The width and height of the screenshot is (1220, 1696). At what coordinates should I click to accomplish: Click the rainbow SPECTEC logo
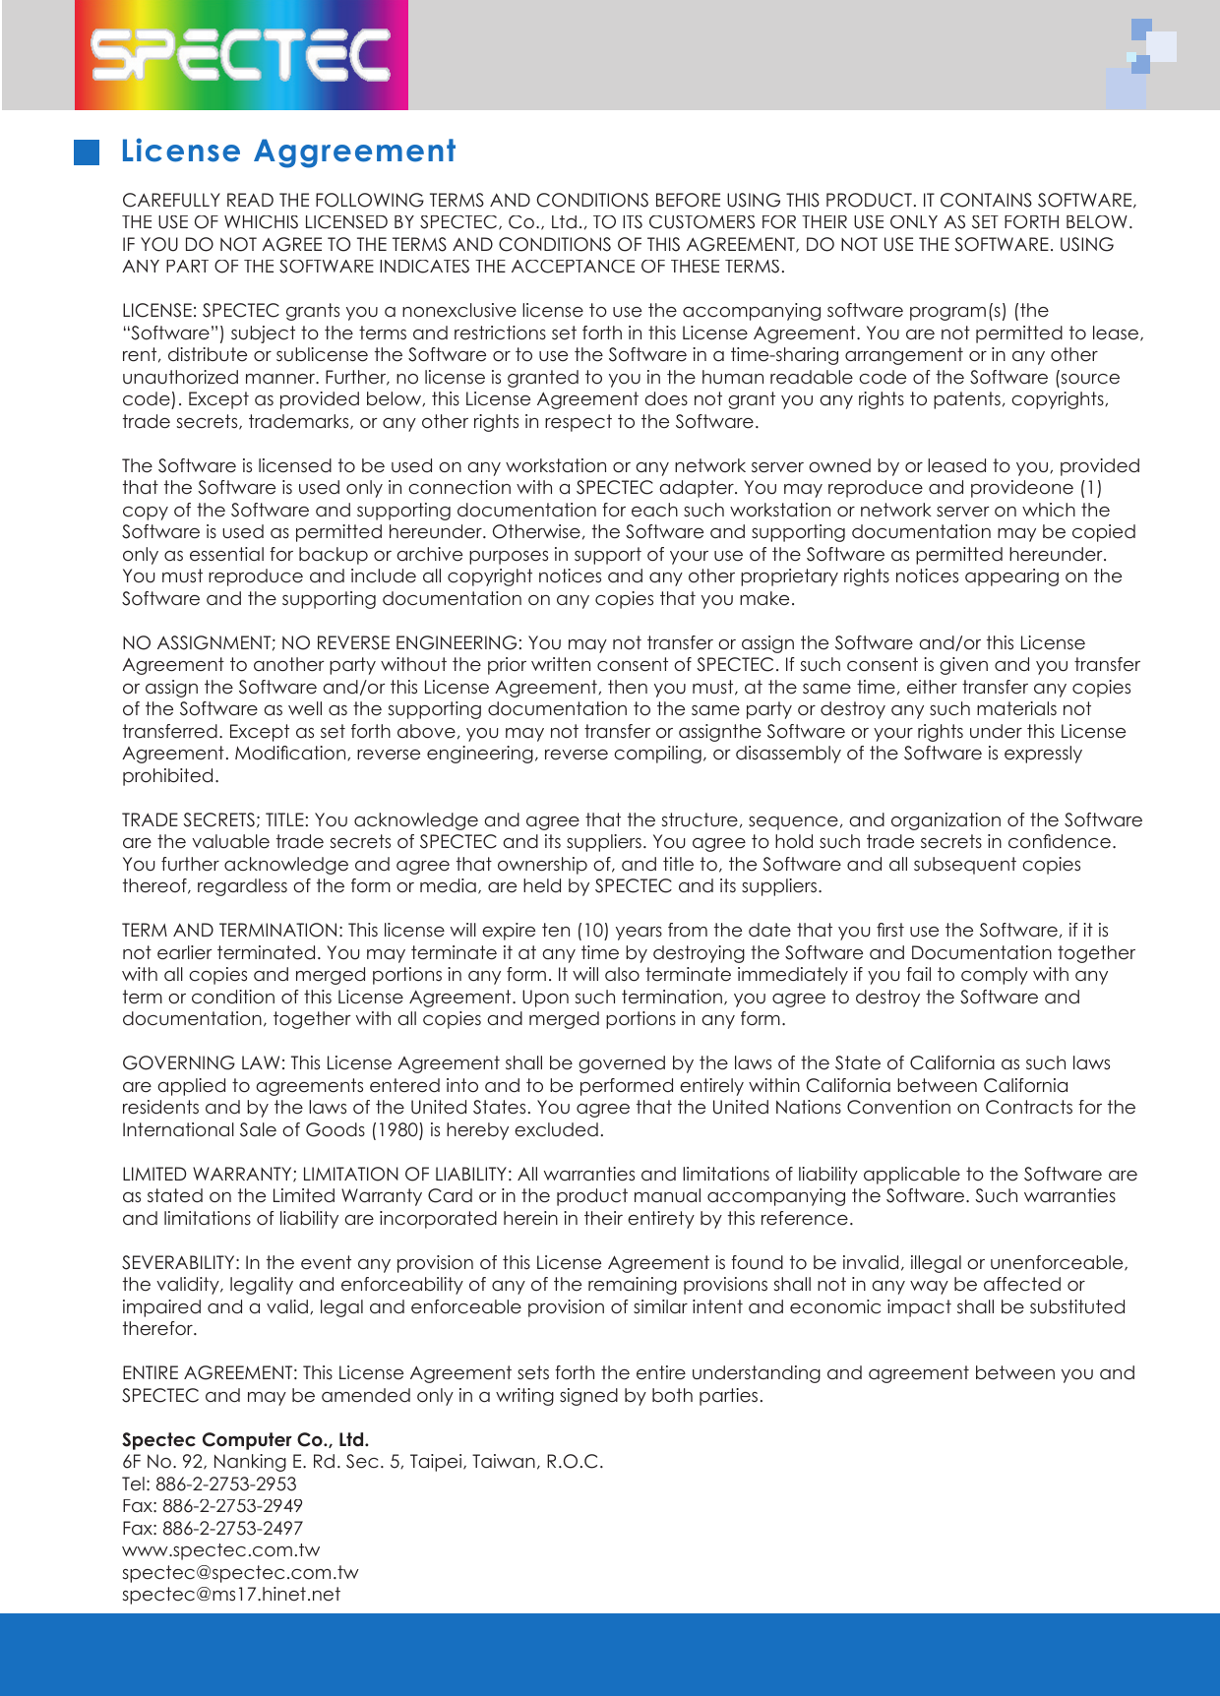(x=241, y=54)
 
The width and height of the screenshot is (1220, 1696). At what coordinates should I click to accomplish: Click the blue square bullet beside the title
(x=88, y=151)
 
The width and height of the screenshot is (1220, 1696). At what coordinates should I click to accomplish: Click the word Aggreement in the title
(x=355, y=151)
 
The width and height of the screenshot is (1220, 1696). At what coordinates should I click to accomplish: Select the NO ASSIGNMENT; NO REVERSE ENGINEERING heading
(x=321, y=643)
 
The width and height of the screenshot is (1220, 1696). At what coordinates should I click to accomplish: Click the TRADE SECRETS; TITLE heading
(x=215, y=820)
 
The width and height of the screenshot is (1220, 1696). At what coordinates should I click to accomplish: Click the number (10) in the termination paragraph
(x=592, y=931)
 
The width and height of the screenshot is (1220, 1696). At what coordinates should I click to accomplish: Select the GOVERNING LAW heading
(x=203, y=1063)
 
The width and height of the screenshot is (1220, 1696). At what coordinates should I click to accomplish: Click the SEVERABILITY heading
(x=180, y=1263)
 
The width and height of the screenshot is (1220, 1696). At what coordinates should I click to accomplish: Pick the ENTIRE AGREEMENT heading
(x=209, y=1373)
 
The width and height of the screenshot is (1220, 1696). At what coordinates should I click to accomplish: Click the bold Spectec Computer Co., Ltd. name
(x=245, y=1440)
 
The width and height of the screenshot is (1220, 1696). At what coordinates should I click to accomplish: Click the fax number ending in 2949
(x=232, y=1506)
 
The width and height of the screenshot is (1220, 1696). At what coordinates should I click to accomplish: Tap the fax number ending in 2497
(x=232, y=1529)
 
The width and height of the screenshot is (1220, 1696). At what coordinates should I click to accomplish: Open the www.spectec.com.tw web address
(x=220, y=1550)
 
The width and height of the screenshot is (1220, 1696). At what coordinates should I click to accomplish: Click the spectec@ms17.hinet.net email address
(x=230, y=1595)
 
